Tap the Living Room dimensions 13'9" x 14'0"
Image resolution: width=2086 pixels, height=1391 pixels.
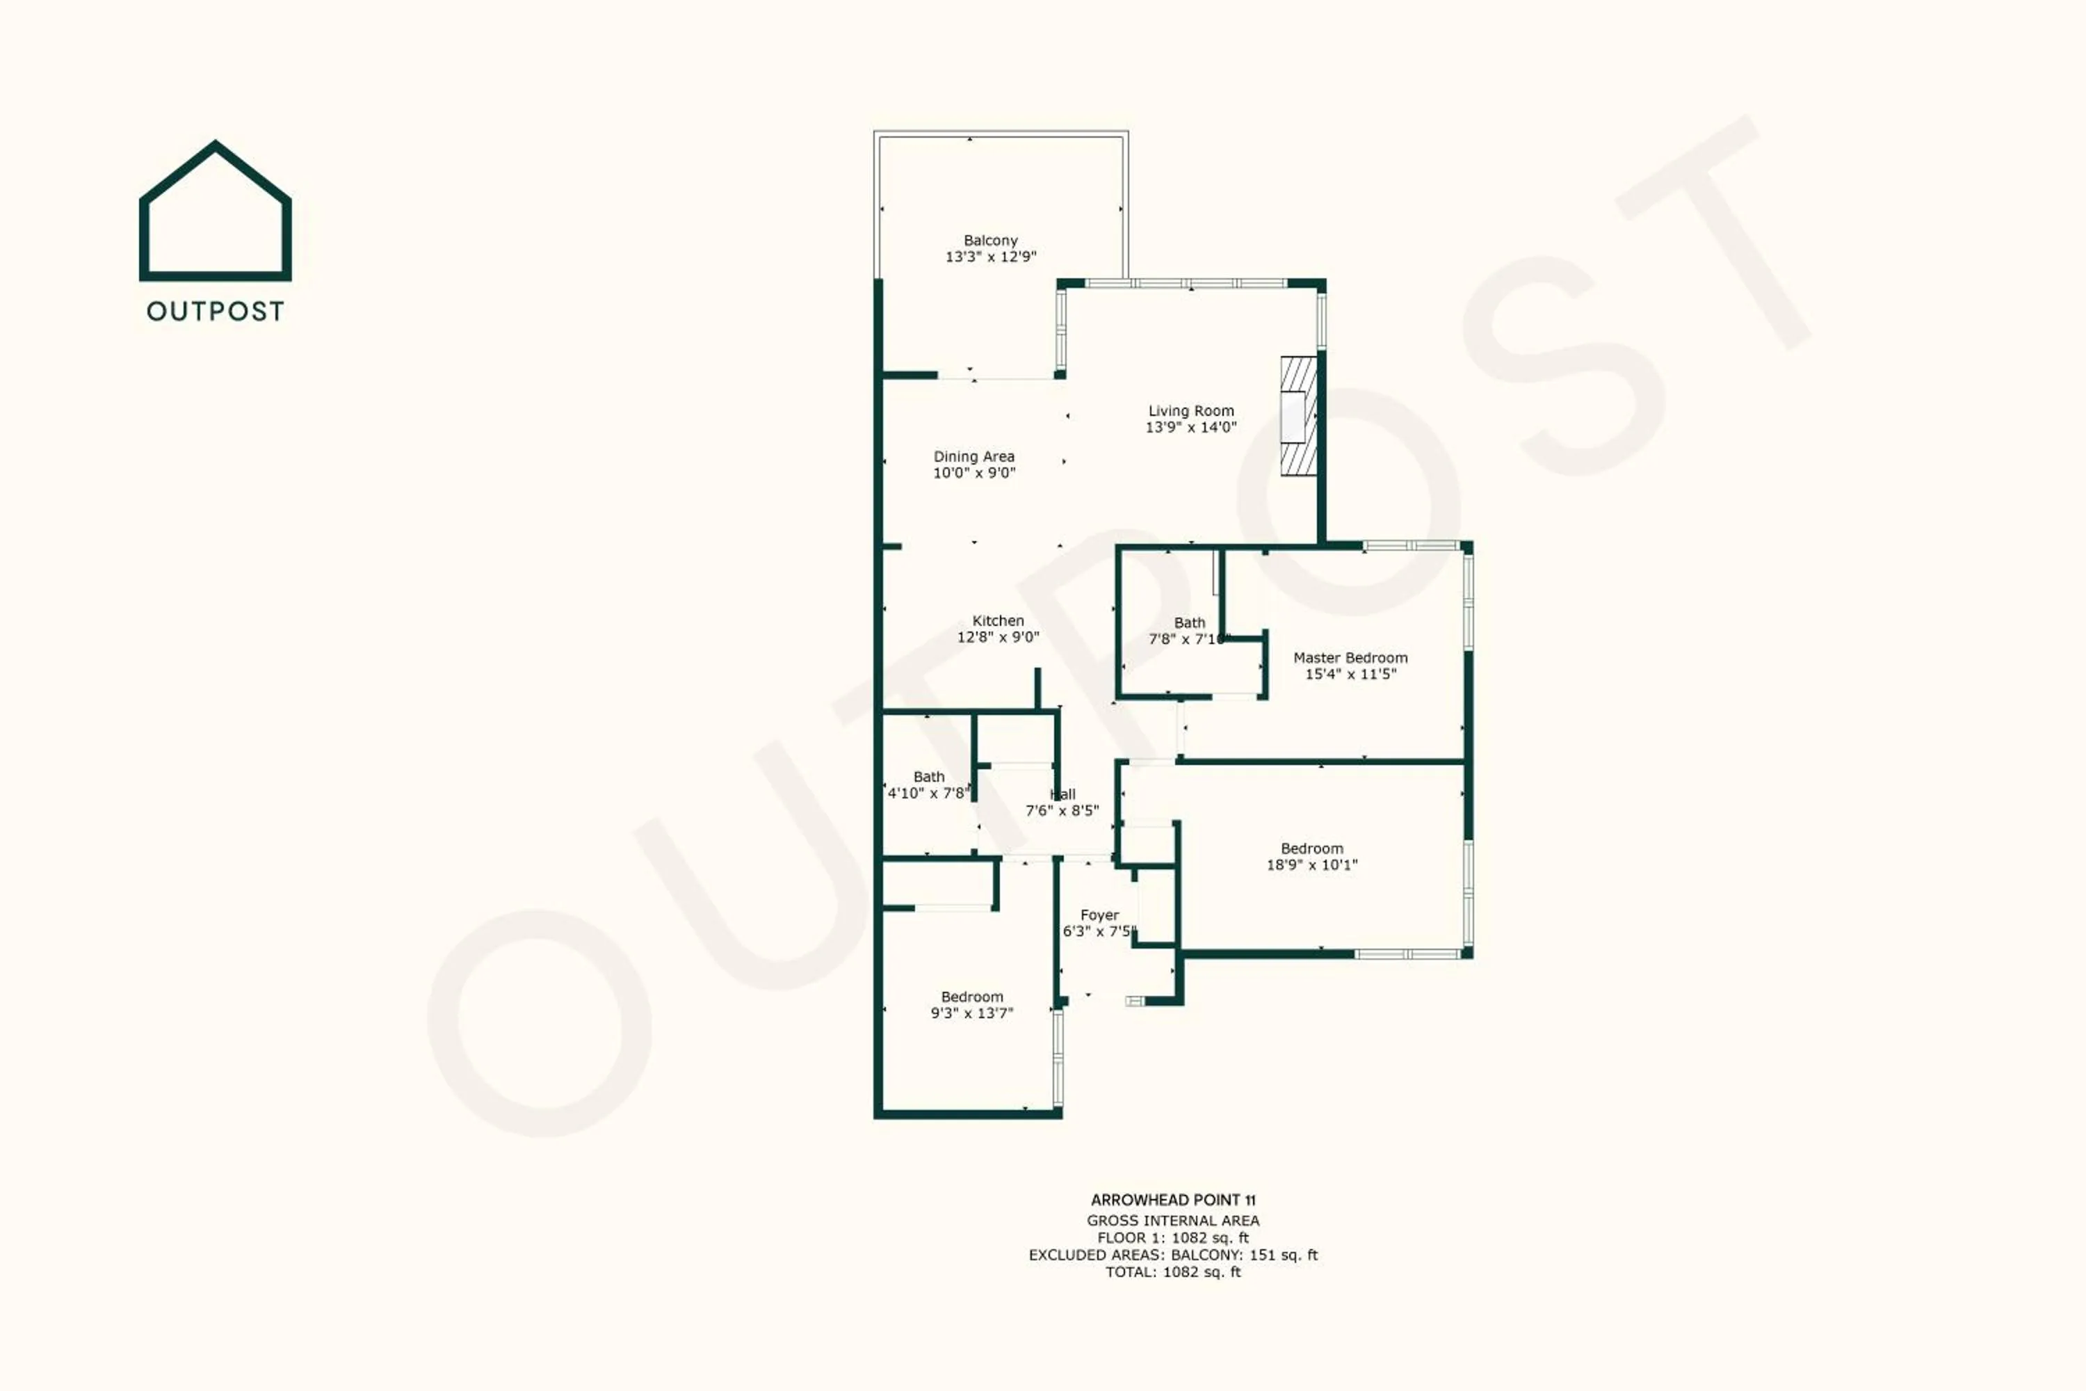(1190, 427)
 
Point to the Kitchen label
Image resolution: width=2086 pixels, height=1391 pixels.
(997, 621)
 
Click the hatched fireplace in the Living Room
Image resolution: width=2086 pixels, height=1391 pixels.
(1298, 417)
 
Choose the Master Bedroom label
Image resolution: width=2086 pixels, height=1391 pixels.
(1350, 657)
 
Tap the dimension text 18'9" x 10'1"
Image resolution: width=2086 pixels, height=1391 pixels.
(1311, 865)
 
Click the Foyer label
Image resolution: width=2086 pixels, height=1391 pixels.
(1099, 915)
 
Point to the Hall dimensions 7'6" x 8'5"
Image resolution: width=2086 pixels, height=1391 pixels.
(1062, 810)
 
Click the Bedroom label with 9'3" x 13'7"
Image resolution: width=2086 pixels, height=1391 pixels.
(971, 997)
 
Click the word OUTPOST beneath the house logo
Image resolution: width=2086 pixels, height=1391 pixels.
(216, 312)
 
